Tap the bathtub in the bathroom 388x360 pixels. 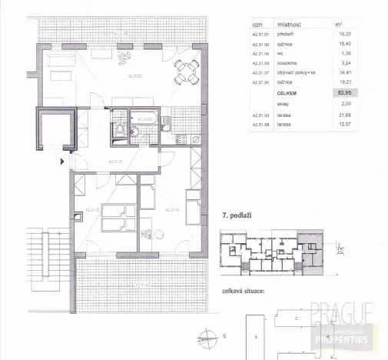pos(145,119)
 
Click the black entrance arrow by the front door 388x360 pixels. pos(63,162)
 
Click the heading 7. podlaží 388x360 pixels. pos(237,217)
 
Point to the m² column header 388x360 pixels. pos(339,24)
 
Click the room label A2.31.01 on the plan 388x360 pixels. pos(115,161)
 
